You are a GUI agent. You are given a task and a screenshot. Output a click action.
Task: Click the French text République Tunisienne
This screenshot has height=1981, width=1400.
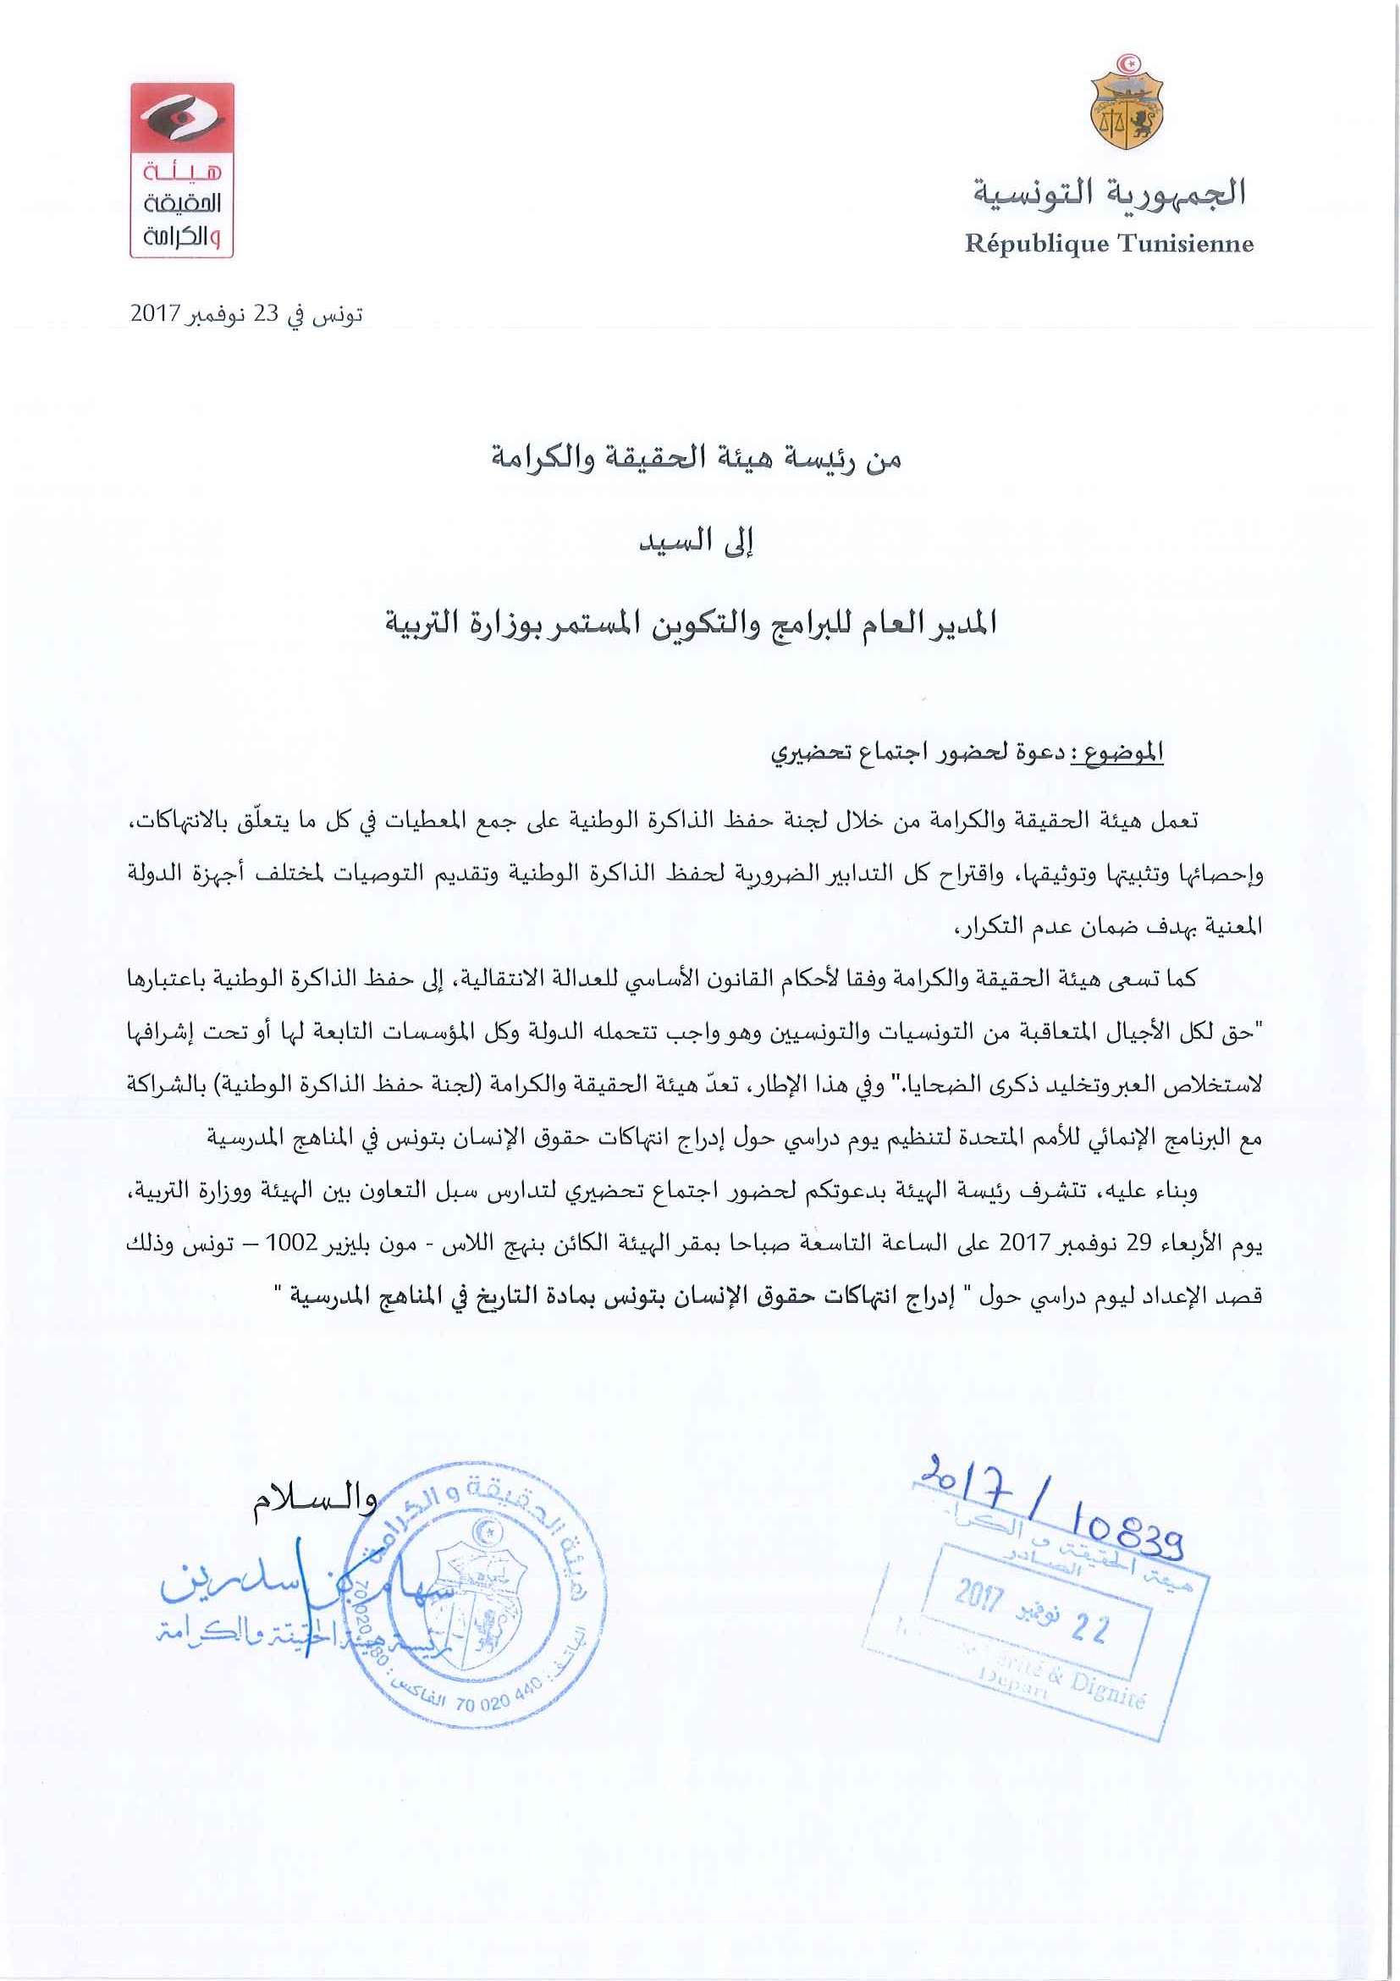point(1110,243)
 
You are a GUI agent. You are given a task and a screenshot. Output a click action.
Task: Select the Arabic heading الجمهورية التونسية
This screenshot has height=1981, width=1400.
point(1111,191)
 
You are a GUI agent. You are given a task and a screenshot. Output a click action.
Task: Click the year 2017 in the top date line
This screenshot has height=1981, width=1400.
point(153,314)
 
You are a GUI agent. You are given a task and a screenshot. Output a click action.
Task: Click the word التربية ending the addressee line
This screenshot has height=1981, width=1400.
point(425,623)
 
